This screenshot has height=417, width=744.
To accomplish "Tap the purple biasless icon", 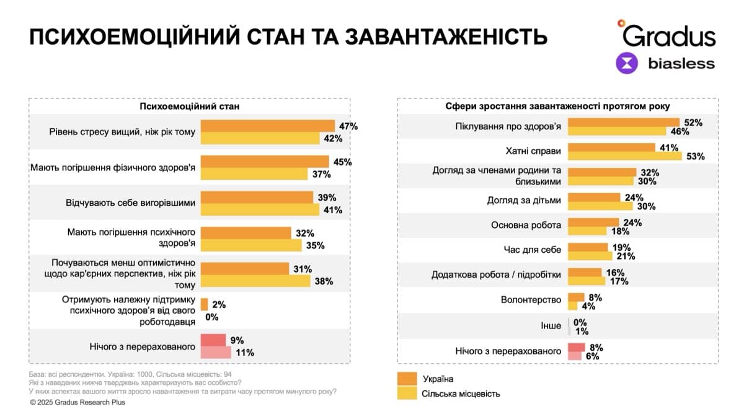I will point(627,63).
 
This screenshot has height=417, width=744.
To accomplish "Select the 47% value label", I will point(348,126).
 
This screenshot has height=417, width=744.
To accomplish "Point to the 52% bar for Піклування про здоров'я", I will point(623,123).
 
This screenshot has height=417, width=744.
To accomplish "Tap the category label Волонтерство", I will point(531,300).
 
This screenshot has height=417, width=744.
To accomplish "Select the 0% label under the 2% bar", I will point(211,316).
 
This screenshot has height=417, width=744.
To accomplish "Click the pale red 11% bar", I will point(216,353).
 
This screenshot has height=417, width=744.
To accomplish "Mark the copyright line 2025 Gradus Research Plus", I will point(77,402).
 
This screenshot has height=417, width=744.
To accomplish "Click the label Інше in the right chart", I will point(551,325).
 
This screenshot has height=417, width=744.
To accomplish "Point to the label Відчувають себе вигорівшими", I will point(131,203).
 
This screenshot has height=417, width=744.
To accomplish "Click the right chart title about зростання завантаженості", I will point(557,107).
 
